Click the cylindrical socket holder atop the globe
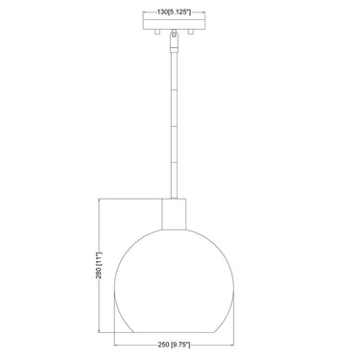(175, 214)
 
